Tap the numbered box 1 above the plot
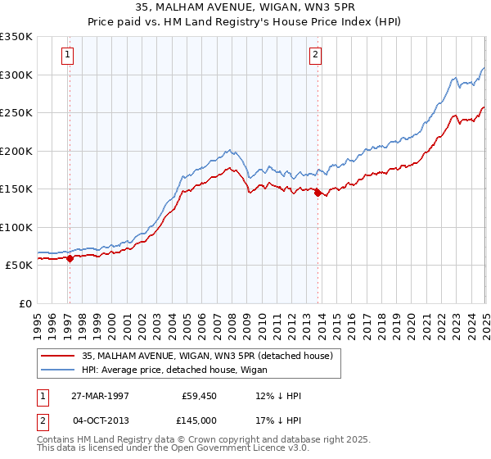point(66,56)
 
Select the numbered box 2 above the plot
point(315,56)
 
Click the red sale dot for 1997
point(70,258)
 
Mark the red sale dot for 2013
point(318,193)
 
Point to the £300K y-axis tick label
point(16,75)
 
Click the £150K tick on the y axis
point(16,189)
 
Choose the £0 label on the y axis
point(25,303)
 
